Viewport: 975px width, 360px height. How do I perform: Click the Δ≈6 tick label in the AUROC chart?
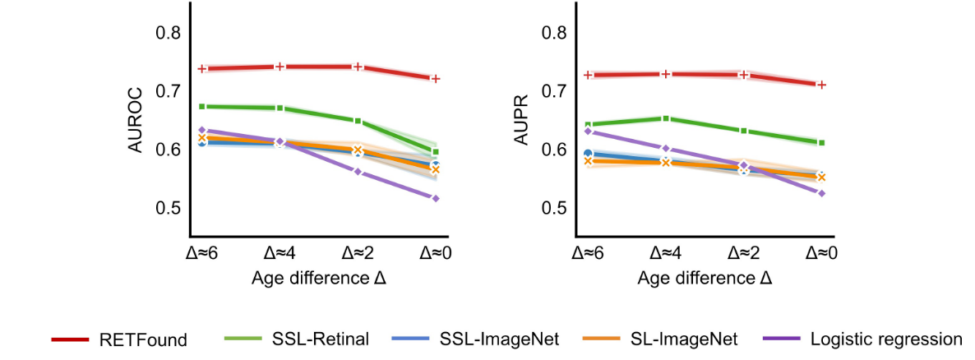coord(201,252)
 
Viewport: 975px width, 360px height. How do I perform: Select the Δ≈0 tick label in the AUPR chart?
coord(821,252)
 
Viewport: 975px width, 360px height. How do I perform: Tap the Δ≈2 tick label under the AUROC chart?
coord(358,252)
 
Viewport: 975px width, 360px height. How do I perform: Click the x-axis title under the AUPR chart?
coord(705,279)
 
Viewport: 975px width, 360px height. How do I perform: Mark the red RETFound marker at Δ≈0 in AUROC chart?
coord(436,79)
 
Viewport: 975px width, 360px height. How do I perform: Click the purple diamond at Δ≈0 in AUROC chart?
coord(436,198)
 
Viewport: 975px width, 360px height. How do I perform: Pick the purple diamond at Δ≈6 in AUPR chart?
coord(587,131)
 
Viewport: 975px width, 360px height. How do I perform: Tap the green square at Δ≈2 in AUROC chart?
coord(358,121)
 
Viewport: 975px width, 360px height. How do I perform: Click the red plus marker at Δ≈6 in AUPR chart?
coord(587,75)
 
